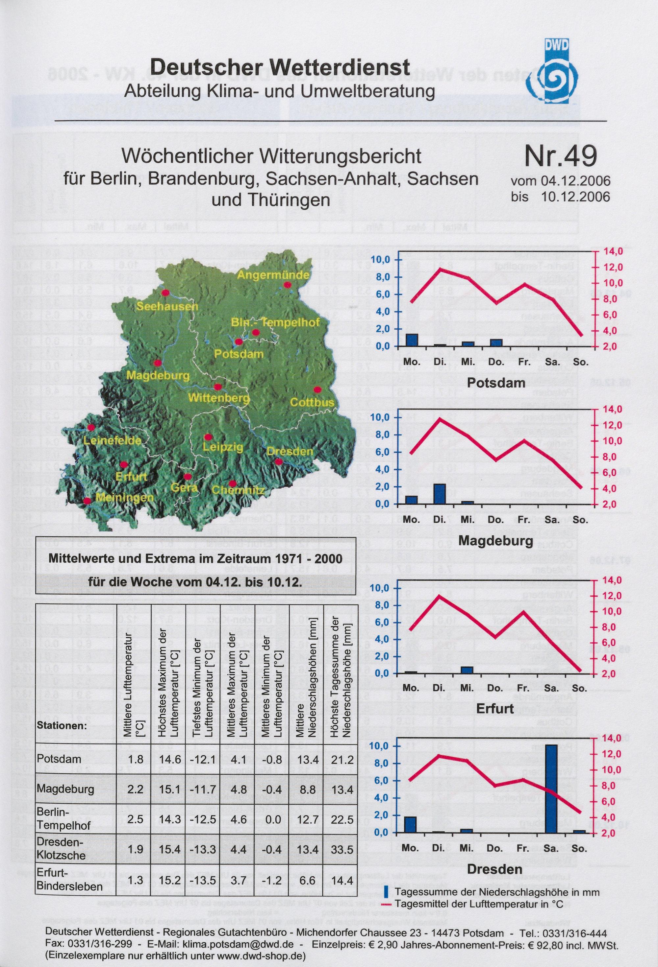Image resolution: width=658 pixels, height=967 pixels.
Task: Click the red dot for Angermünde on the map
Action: [x=287, y=285]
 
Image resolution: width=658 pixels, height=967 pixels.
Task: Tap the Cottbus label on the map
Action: [x=312, y=402]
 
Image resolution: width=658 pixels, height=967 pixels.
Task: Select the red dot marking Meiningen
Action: [x=87, y=501]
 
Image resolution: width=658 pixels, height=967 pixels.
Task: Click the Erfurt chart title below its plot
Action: [x=495, y=708]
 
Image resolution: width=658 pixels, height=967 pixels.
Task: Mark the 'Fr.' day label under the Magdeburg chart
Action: [x=524, y=520]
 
